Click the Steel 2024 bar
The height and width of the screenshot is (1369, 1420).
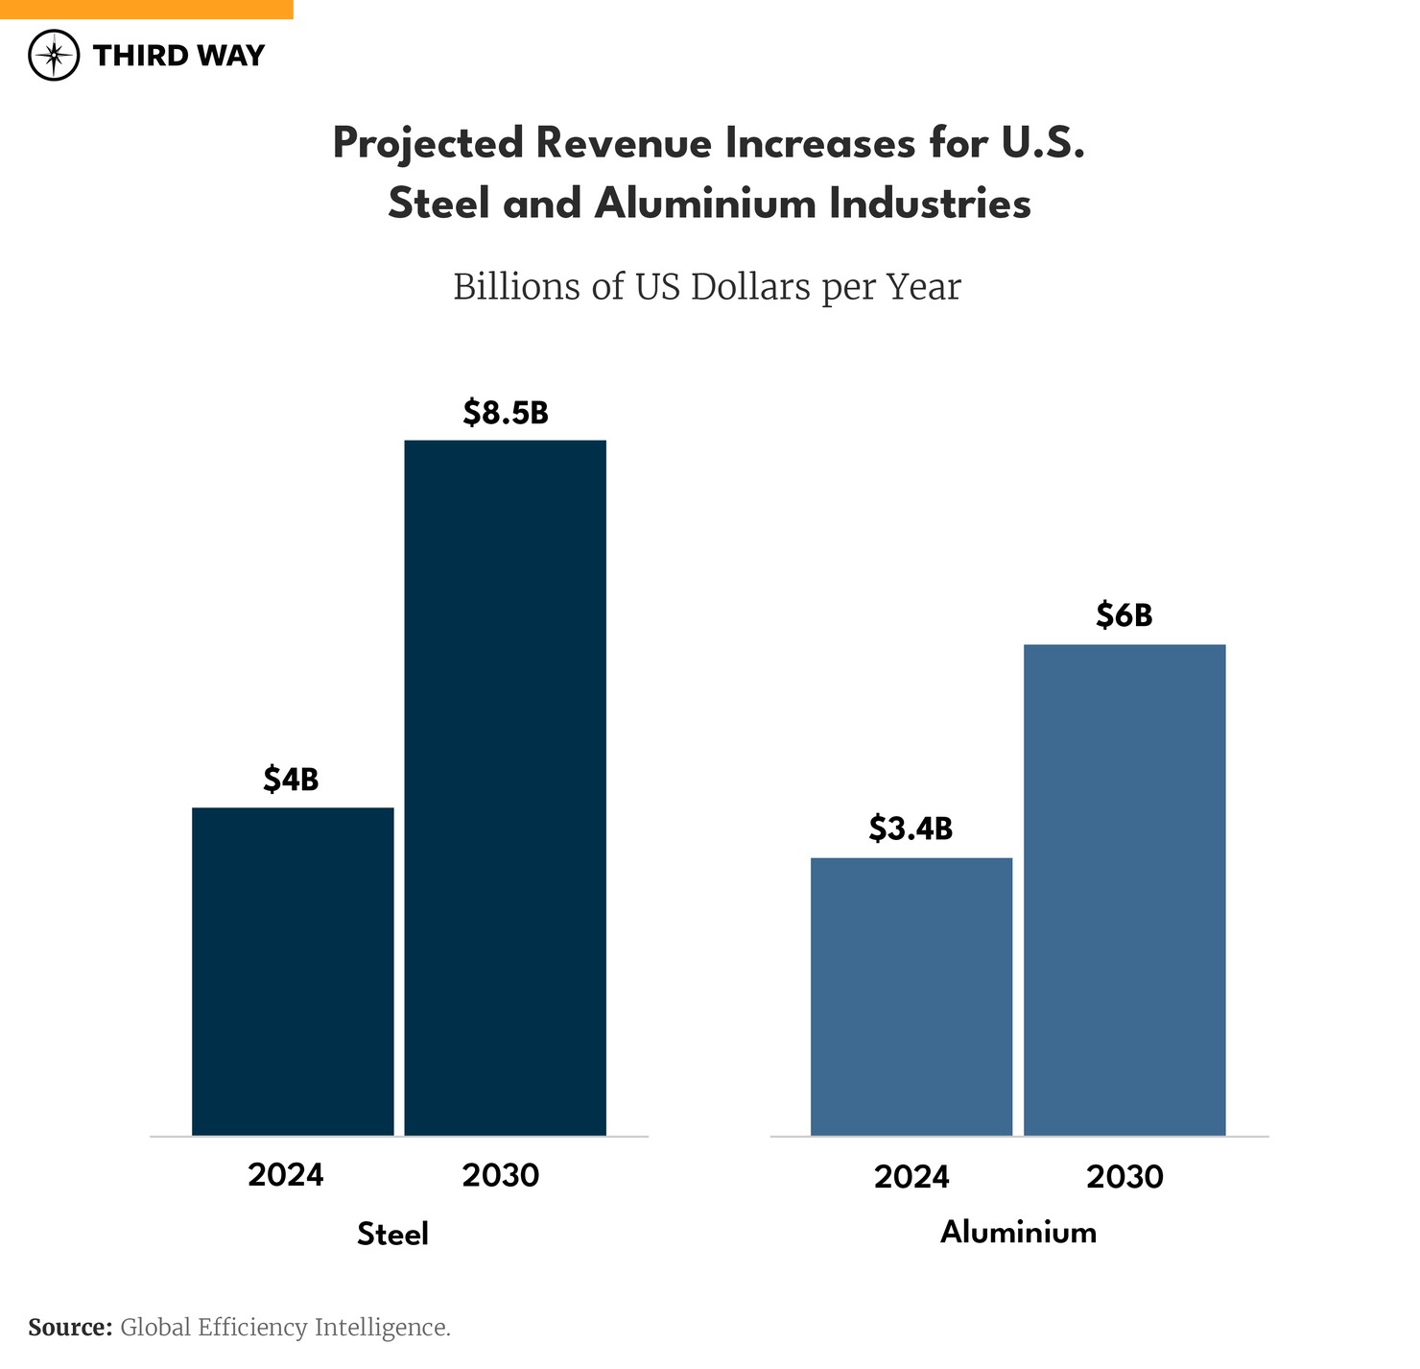293,972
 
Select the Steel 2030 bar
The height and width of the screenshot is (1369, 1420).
505,787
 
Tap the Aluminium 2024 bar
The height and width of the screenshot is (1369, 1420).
911,997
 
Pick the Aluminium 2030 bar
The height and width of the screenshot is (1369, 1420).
1124,890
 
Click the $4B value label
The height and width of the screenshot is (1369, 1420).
291,780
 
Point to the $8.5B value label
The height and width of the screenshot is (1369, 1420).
506,413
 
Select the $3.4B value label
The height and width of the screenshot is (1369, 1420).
911,829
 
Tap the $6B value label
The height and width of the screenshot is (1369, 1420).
1124,615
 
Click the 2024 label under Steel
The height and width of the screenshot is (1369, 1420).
286,1175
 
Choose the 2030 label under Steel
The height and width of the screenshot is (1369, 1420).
501,1175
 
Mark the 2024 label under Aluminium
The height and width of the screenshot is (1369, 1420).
911,1176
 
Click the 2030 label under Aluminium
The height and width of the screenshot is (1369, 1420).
1124,1176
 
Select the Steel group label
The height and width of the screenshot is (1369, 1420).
392,1234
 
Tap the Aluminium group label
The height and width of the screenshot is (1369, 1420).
1018,1232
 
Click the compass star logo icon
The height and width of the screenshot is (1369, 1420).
54,56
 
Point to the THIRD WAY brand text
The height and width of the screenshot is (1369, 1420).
178,56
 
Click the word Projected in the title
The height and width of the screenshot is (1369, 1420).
428,144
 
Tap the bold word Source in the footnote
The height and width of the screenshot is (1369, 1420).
70,1328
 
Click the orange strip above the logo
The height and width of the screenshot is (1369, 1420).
146,9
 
